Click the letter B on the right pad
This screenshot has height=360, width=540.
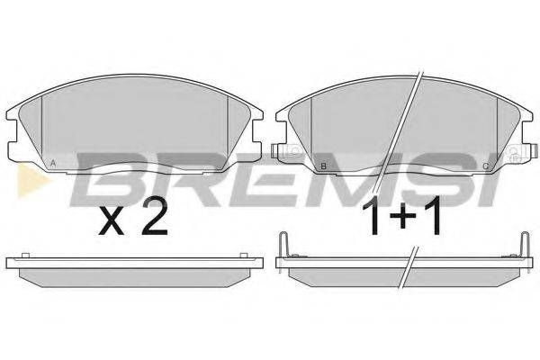(323, 166)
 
